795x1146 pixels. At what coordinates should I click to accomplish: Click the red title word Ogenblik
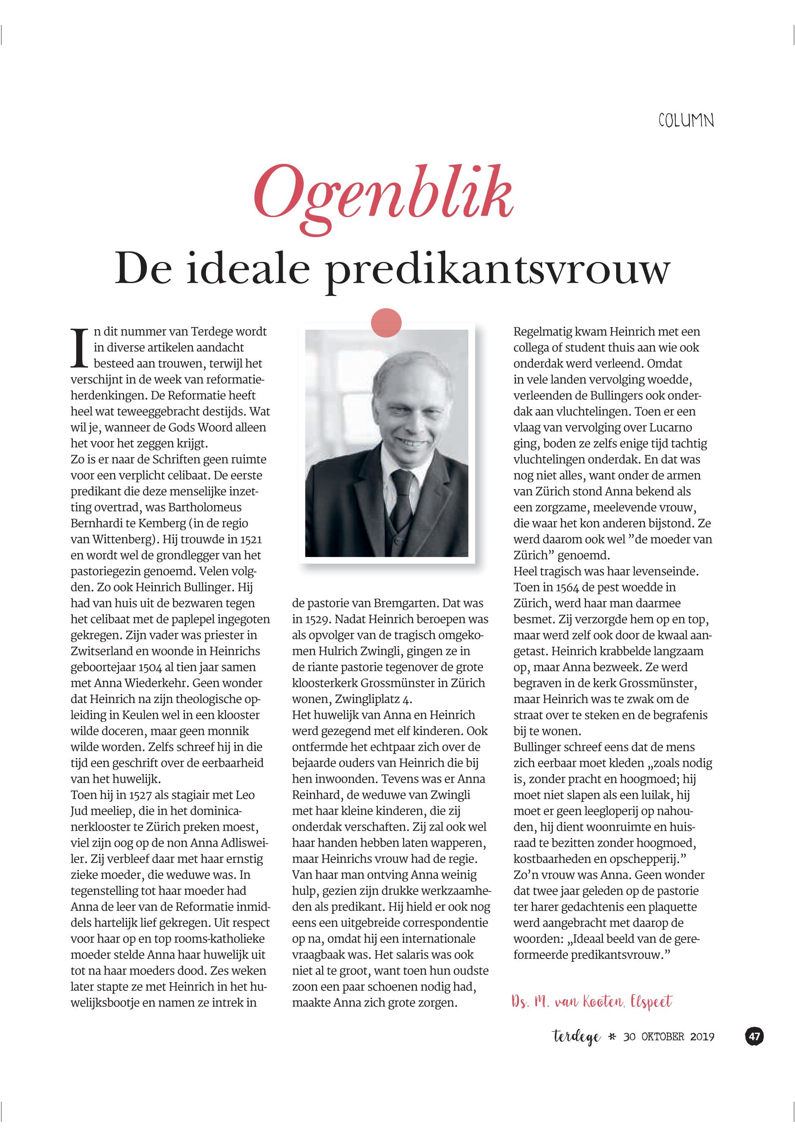(383, 194)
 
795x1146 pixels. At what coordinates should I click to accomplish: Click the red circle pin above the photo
(386, 323)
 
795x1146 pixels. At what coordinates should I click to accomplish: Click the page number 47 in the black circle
(754, 1037)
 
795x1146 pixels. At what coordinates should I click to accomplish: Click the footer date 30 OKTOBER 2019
(668, 1037)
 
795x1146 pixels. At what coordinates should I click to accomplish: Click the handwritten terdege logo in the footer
(577, 1037)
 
